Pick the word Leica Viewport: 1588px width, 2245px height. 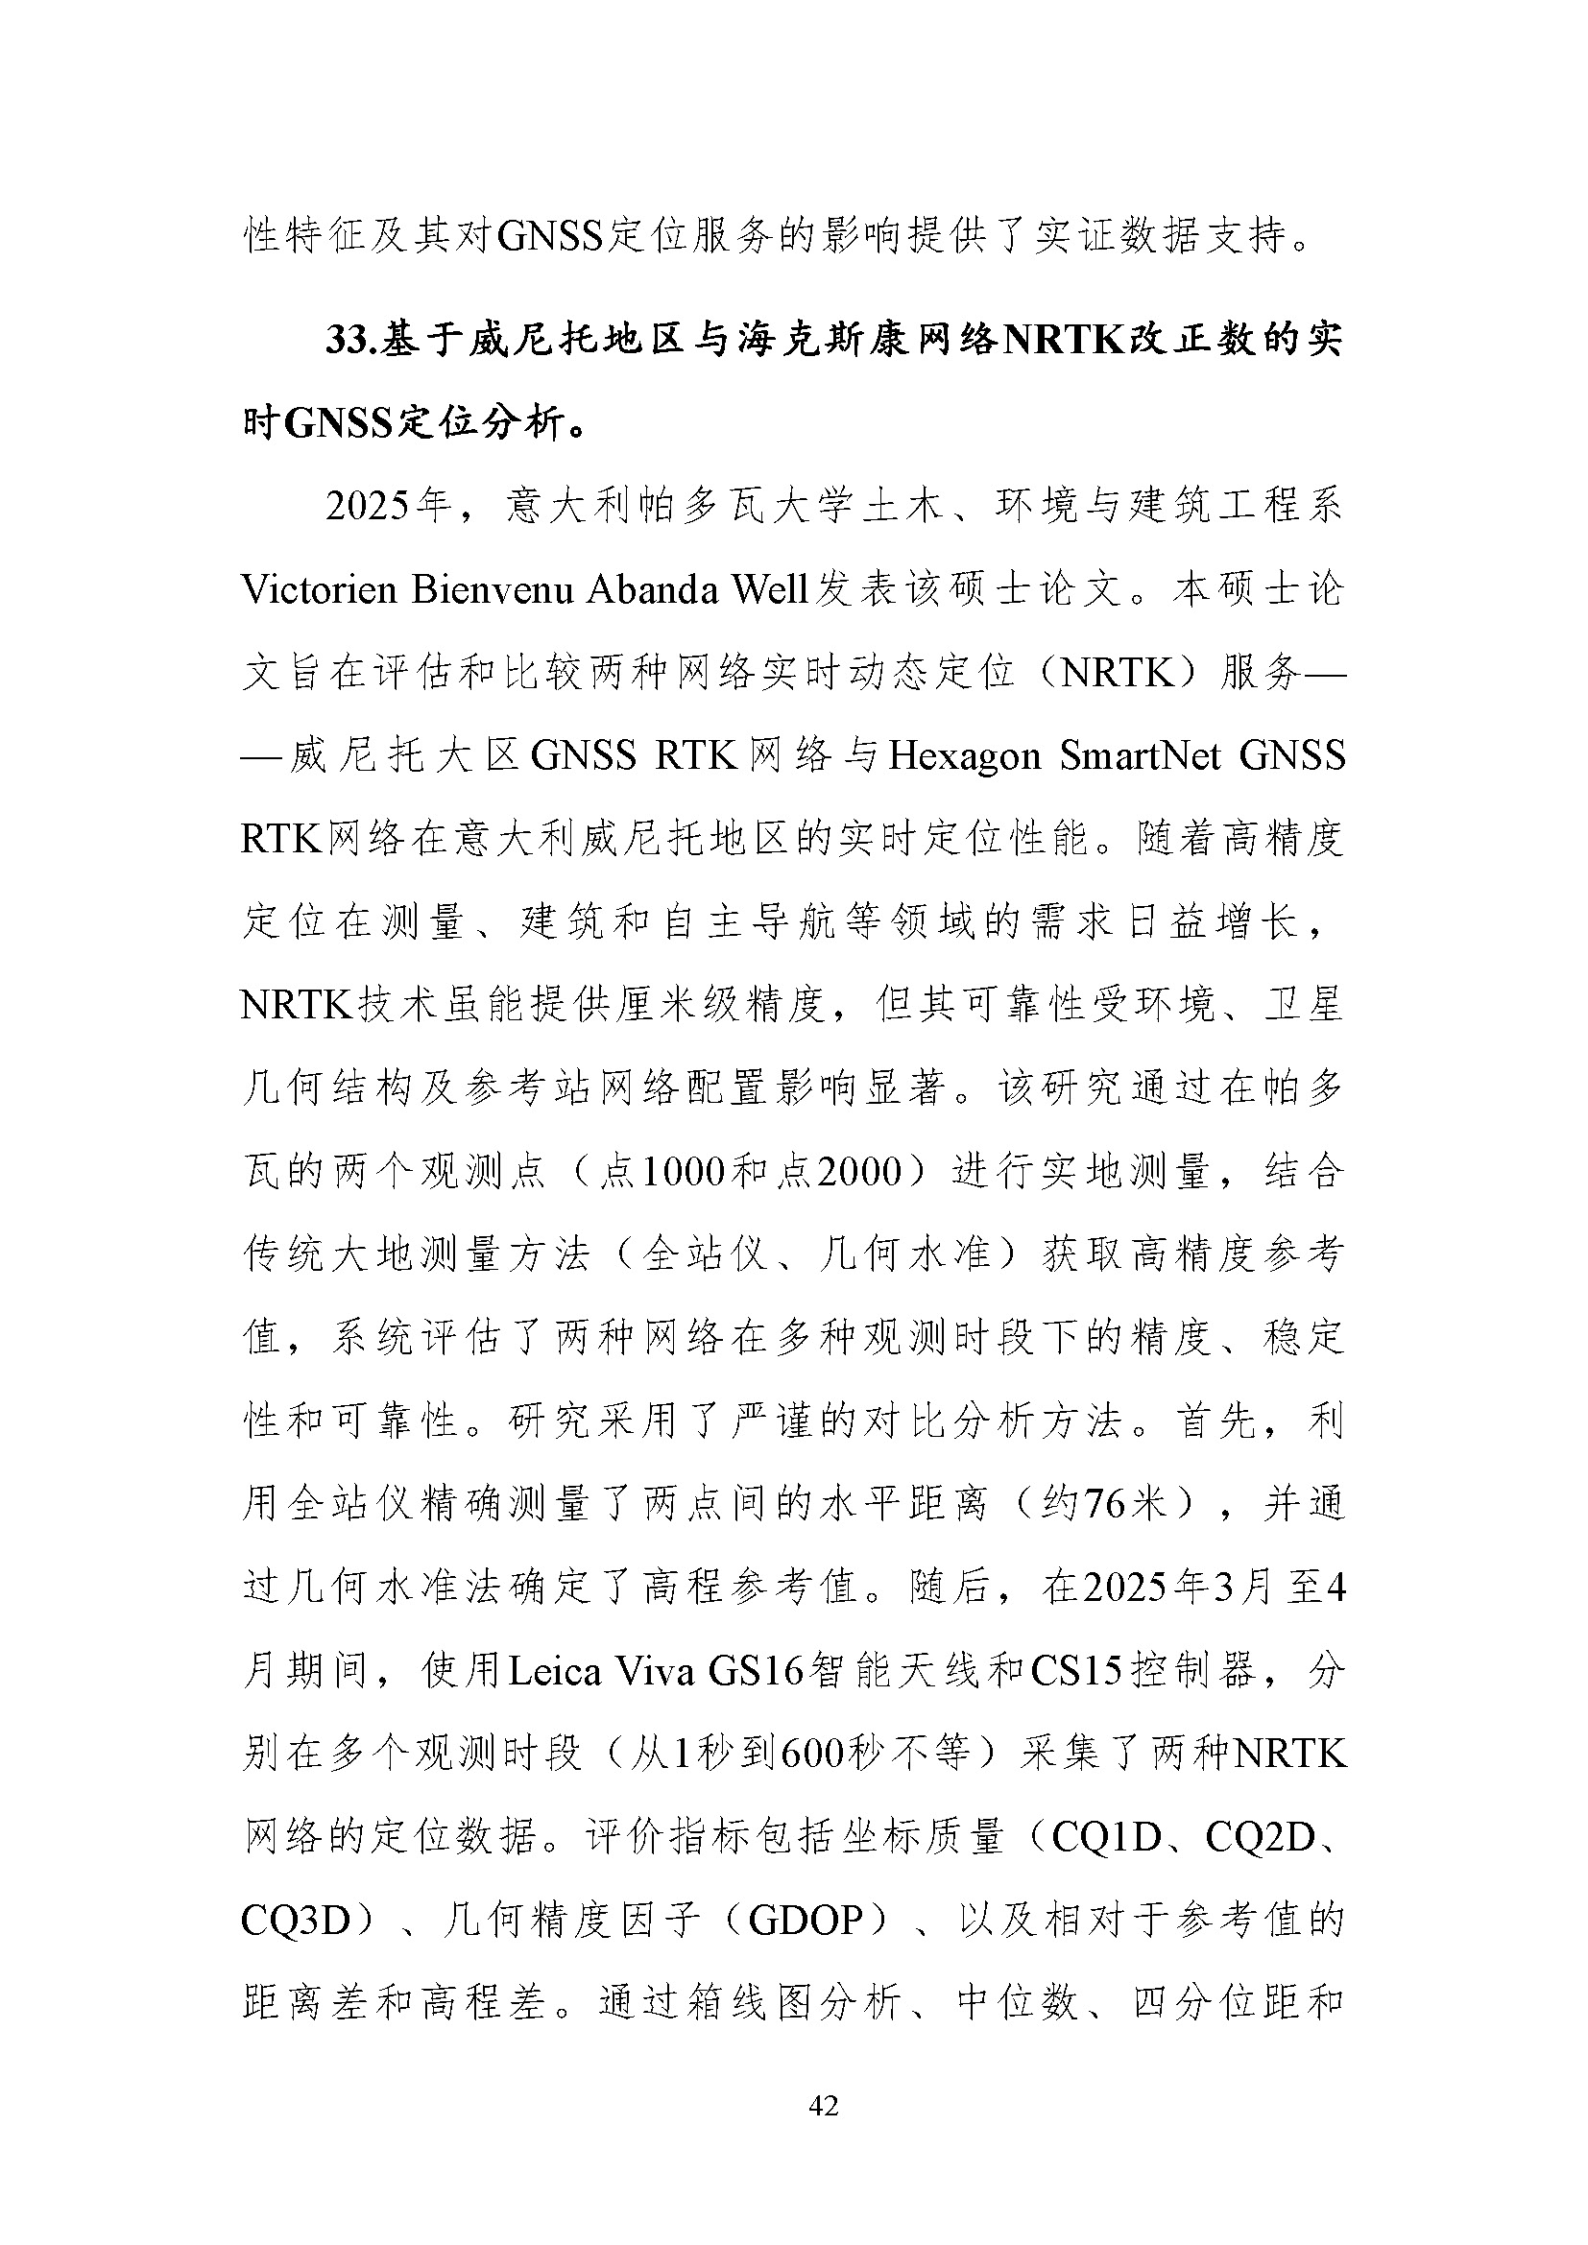coord(554,1672)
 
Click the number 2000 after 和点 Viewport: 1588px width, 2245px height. coord(858,1171)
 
